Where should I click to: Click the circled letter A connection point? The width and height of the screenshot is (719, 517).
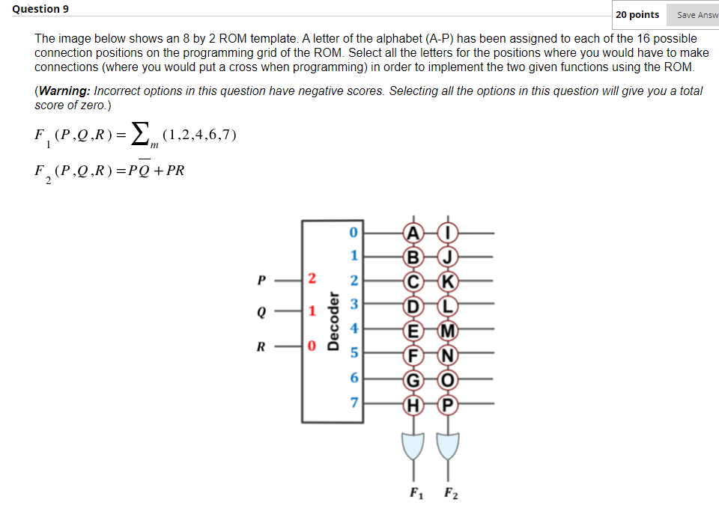pos(411,233)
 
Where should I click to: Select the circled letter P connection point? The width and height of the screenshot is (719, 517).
pos(448,405)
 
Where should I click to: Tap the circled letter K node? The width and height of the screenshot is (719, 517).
pos(448,281)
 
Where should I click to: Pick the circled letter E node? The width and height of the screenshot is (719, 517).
pos(411,331)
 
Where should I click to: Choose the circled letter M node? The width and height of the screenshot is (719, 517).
pos(448,331)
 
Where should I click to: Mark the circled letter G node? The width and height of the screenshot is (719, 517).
pos(411,380)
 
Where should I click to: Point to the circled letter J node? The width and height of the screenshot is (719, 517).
pos(448,257)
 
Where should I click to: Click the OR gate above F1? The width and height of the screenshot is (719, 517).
pos(411,447)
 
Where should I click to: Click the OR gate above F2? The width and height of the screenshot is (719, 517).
pos(448,447)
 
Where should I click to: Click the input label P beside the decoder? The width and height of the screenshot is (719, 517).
pos(261,281)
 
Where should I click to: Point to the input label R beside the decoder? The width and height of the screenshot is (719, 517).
pos(261,346)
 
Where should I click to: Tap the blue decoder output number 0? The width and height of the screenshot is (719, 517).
pos(355,233)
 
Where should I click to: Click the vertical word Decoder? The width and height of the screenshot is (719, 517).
pos(333,322)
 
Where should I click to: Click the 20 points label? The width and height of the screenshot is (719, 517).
pos(637,15)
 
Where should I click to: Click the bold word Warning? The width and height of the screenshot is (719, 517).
pos(65,91)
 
